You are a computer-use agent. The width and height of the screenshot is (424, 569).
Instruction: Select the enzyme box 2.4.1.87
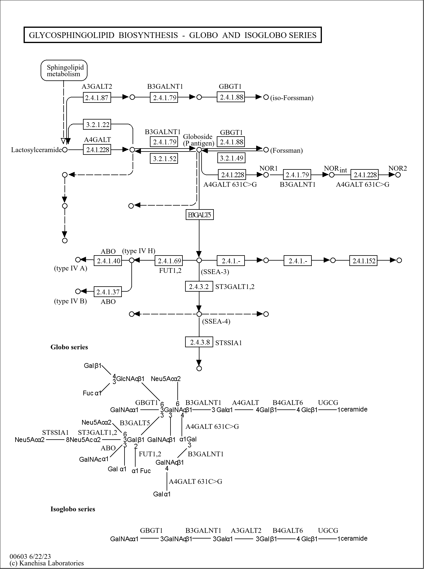[x=97, y=97]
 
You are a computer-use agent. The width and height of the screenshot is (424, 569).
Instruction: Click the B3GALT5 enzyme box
[x=199, y=215]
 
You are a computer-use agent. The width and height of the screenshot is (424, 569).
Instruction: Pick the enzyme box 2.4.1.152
[x=363, y=261]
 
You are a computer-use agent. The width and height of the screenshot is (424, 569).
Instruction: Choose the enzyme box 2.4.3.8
[x=199, y=342]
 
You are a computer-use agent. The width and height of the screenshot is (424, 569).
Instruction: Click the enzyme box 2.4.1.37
[x=108, y=292]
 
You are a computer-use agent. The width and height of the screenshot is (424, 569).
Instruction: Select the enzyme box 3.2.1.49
[x=231, y=158]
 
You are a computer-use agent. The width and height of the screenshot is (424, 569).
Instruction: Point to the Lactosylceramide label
[x=36, y=150]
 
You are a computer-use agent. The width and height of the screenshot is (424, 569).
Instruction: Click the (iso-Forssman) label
[x=292, y=98]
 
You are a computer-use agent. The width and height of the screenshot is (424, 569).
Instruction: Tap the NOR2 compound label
[x=397, y=168]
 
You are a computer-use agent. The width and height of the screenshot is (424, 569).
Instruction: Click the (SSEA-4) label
[x=216, y=322]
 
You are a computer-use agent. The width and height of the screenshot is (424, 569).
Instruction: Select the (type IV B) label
[x=70, y=301]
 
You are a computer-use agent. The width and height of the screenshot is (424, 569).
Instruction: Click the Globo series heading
[x=69, y=347]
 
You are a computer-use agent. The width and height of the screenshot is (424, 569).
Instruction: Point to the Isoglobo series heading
[x=73, y=509]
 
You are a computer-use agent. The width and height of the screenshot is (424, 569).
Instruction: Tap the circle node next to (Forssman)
[x=266, y=149]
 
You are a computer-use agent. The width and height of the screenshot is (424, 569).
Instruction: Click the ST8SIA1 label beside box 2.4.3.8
[x=228, y=343]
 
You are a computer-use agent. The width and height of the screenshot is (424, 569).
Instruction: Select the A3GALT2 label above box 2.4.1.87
[x=97, y=87]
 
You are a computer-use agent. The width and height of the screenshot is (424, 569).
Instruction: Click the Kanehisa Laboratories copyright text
[x=47, y=563]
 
